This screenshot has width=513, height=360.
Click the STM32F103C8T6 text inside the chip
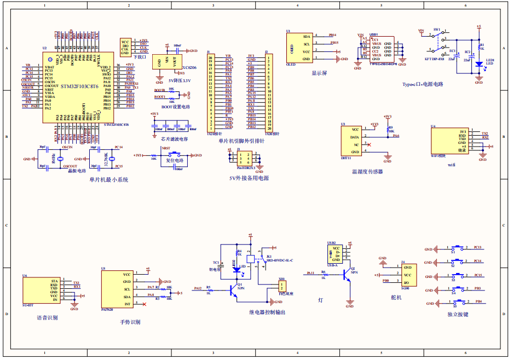point(79,86)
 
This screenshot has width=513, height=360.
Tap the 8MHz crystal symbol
point(48,159)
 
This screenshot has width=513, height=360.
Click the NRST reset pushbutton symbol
point(176,156)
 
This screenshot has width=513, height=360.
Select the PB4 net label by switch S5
point(479,301)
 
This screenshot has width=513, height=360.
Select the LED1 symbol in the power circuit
point(479,64)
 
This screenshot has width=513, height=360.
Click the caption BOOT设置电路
point(175,107)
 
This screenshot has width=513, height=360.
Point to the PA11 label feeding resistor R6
point(310,272)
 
